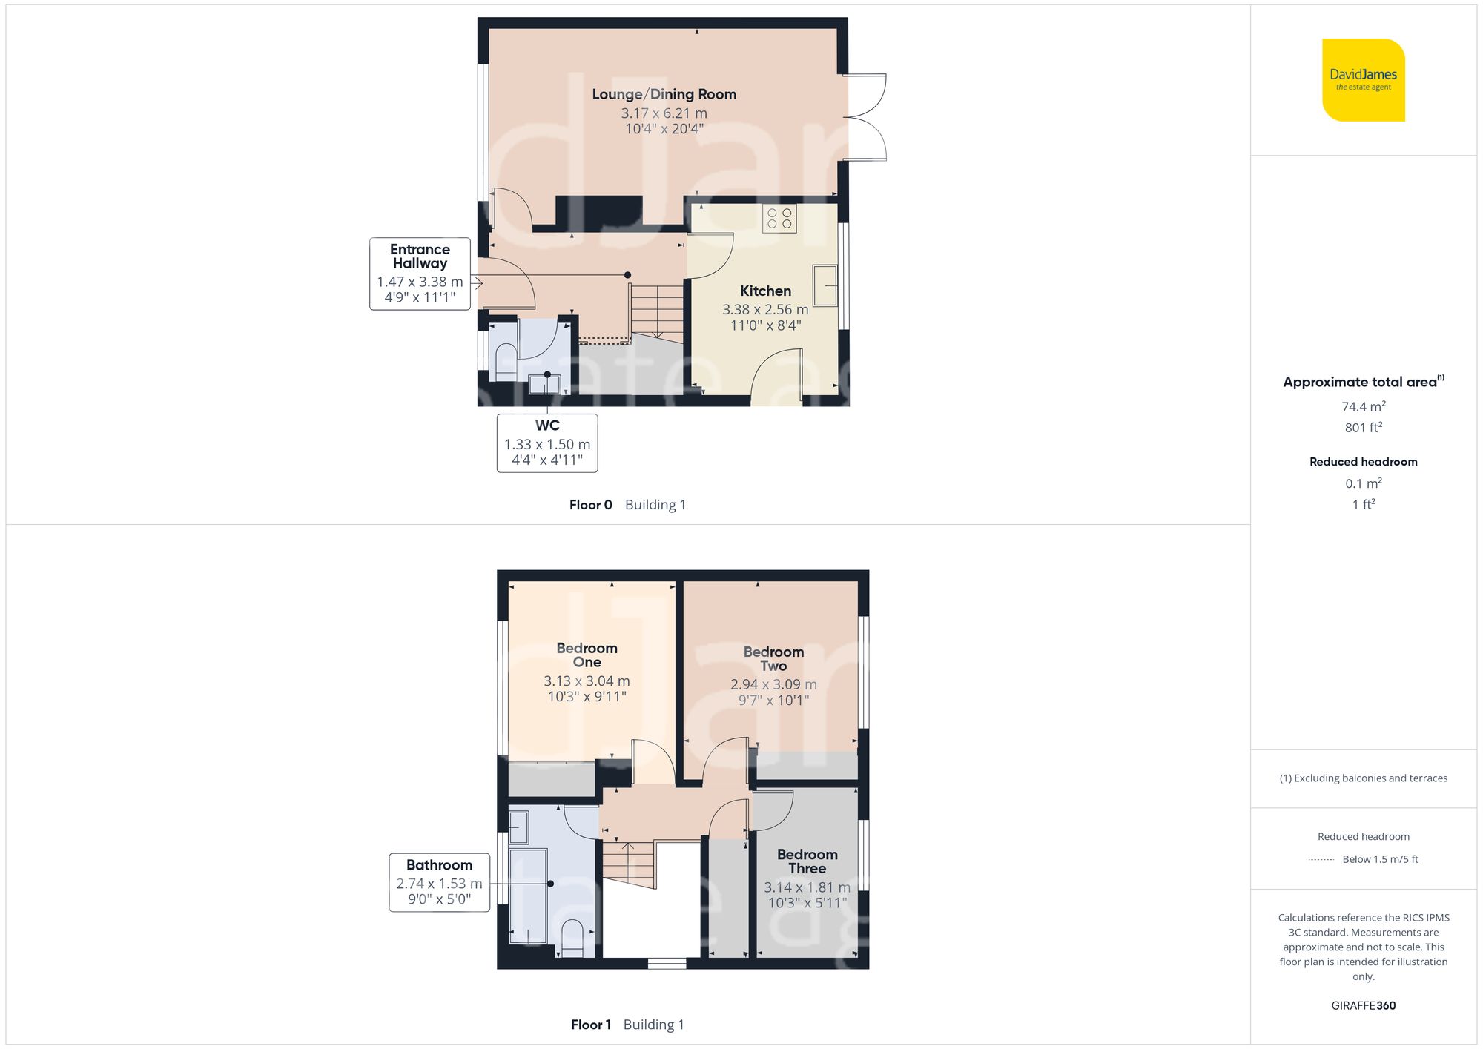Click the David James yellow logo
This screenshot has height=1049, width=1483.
tap(1363, 80)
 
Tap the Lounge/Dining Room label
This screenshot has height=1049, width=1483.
tap(664, 94)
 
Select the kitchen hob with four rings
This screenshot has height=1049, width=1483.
tap(779, 219)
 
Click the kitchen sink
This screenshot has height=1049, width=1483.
tap(825, 285)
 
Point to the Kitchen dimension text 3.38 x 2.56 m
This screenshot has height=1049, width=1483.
tap(765, 310)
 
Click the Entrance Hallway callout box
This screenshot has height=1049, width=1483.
tap(420, 274)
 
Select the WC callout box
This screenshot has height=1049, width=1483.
tap(547, 443)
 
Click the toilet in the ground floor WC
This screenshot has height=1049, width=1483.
tap(506, 360)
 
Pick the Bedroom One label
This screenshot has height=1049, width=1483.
tap(587, 655)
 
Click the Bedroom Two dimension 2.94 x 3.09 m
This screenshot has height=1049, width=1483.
tap(773, 684)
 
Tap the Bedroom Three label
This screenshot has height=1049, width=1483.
tap(807, 861)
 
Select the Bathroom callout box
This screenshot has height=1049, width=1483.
tap(439, 882)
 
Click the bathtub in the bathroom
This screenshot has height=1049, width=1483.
tap(528, 897)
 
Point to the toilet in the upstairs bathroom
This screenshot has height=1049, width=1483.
tap(572, 939)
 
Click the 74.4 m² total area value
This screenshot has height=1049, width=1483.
tap(1363, 406)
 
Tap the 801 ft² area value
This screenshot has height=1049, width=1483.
tap(1363, 428)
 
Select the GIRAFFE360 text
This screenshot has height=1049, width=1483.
tap(1363, 1005)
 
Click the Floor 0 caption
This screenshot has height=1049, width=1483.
tap(590, 505)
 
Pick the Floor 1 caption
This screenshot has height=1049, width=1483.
tap(590, 1025)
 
